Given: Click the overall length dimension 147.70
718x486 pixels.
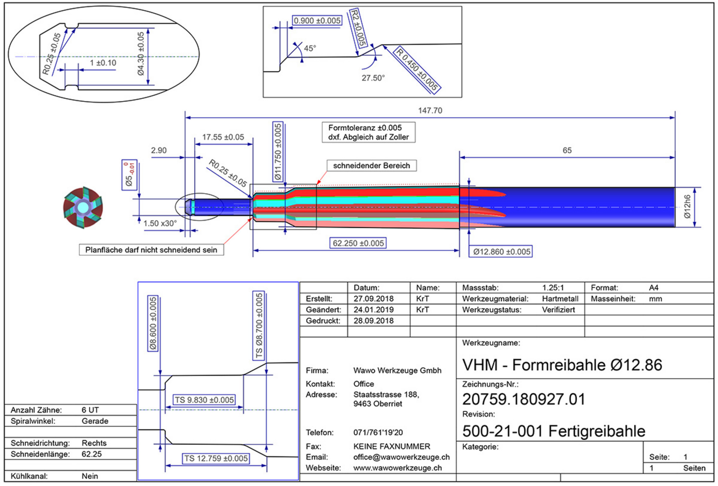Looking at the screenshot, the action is click(x=430, y=111).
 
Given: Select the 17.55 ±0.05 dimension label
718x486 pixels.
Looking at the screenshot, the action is click(x=223, y=137).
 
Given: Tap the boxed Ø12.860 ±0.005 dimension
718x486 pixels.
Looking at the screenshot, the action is click(x=501, y=252).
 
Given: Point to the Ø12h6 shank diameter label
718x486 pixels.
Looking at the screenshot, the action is click(x=687, y=207).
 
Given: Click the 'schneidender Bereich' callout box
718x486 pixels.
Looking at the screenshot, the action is click(x=372, y=165).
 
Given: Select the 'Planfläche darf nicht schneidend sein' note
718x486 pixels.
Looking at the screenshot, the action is click(x=151, y=250).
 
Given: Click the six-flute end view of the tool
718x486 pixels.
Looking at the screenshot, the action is click(x=83, y=207).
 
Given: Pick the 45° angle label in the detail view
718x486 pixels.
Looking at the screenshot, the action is click(x=310, y=48).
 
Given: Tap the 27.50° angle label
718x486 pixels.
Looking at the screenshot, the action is click(x=373, y=78).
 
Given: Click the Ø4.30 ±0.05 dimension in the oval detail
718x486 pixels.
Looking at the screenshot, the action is click(x=141, y=54).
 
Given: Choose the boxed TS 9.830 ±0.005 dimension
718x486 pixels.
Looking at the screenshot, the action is click(x=204, y=400).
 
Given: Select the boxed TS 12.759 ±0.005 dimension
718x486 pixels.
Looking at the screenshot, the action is click(x=216, y=458).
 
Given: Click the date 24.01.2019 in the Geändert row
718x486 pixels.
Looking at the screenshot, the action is click(x=373, y=310).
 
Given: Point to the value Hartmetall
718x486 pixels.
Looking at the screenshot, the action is click(x=560, y=299).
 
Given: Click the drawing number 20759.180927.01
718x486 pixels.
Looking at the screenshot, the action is click(x=524, y=399).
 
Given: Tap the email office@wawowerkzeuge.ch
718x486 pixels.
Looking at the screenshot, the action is click(x=401, y=457).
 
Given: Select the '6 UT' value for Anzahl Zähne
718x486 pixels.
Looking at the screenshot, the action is click(x=90, y=410).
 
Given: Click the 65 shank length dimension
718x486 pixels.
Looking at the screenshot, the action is click(x=567, y=150).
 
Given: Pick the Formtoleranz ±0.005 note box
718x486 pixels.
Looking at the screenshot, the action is click(x=369, y=132).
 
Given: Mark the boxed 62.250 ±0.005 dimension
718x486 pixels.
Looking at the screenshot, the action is click(x=358, y=243).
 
